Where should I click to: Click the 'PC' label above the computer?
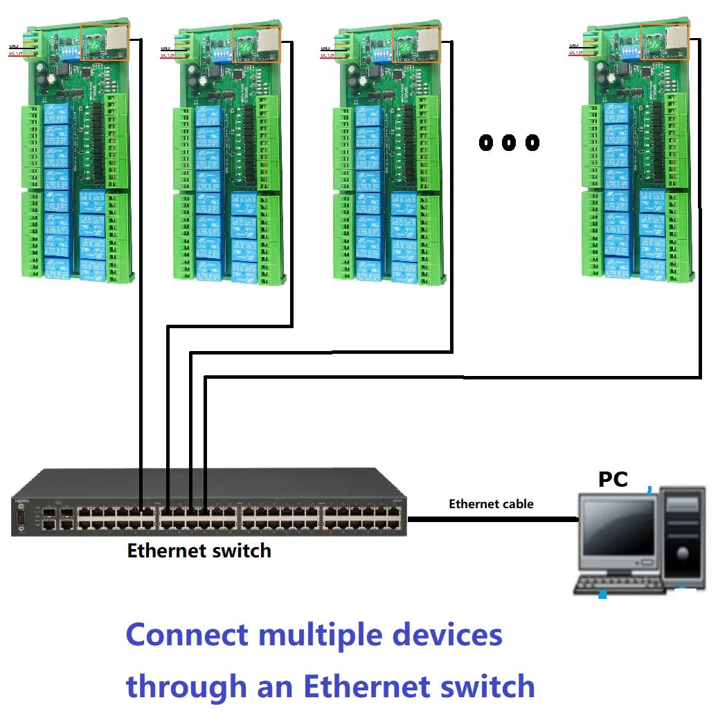pos(613,478)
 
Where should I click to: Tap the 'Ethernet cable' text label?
pos(491,504)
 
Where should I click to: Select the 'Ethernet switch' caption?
pos(199,551)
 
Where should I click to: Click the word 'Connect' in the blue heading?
pos(187,635)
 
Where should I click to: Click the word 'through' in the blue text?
pos(186,687)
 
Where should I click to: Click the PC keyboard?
pos(620,585)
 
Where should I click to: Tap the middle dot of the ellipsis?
pos(509,143)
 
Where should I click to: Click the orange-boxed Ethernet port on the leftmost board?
pos(105,42)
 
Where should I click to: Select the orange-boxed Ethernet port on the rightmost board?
pos(665,39)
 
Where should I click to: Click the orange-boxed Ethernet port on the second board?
pos(257,44)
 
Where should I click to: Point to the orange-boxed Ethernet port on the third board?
pos(416,44)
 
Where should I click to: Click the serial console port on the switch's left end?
pos(20,517)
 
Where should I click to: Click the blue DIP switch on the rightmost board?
pos(629,50)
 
